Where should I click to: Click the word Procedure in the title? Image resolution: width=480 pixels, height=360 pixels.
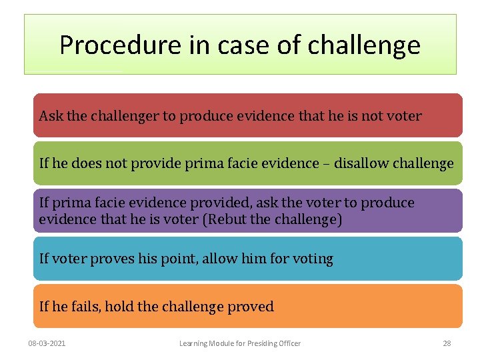[x=110, y=45]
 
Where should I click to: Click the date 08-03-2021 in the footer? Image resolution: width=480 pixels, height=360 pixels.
[x=47, y=343]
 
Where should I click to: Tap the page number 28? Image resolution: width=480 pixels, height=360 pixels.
[x=447, y=343]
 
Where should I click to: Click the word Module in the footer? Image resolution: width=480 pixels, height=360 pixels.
[x=224, y=343]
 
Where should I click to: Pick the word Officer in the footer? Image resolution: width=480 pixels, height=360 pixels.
[x=287, y=343]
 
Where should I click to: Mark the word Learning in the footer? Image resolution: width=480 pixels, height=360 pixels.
[x=195, y=343]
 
